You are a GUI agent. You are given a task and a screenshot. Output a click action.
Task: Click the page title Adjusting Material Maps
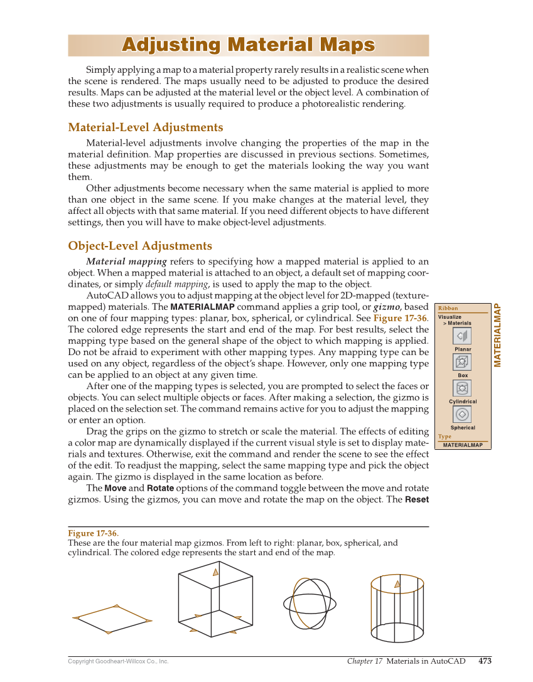248,45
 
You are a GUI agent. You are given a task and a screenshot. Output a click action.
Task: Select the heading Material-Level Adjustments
145,127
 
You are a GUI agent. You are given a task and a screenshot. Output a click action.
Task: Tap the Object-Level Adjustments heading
140,245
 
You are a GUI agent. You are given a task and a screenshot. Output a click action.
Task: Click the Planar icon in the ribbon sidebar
462,336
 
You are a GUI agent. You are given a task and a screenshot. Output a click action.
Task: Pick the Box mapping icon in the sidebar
462,362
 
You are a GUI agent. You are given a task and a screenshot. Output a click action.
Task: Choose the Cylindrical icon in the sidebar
462,388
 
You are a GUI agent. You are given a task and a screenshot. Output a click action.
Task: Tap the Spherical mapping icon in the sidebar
462,414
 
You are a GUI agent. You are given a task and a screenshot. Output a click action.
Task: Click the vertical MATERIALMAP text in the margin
497,335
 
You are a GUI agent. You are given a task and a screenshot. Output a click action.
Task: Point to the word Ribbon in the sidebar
448,308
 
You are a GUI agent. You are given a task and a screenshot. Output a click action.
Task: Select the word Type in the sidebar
444,437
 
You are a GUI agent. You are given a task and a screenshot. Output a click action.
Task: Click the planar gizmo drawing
112,619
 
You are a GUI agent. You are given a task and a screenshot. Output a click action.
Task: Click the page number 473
485,661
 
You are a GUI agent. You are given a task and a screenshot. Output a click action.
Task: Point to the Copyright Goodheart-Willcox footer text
118,661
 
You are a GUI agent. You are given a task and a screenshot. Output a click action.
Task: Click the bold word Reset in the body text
416,500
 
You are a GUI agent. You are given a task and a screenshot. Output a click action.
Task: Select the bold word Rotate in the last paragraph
160,488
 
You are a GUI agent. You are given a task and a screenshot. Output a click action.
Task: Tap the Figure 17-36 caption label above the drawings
93,533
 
